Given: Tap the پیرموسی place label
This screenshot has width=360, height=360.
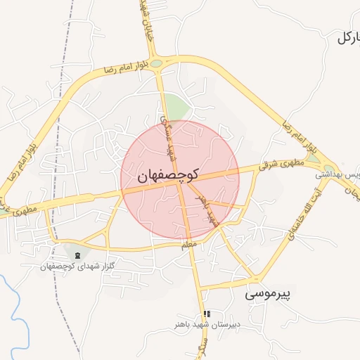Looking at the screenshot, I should point(269,295).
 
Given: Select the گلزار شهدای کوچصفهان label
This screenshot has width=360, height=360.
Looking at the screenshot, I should point(77,266).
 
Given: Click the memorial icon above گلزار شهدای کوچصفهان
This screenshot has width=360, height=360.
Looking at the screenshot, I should point(77,255).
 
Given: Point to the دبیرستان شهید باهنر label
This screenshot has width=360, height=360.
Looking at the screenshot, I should point(208,326).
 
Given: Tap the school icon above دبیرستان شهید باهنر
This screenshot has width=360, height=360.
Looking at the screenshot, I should point(206,314).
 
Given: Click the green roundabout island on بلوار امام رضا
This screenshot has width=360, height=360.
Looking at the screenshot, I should point(156,64).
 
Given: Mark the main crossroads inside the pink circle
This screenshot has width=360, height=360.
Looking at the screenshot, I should point(181,184).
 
